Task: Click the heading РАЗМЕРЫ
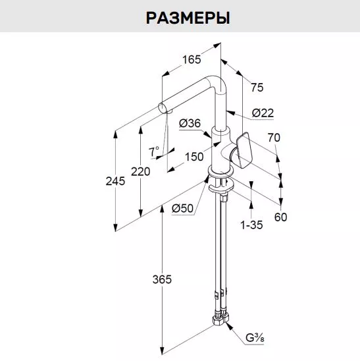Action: tap(188, 18)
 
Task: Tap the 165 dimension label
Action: tap(192, 60)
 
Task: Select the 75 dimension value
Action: tap(257, 88)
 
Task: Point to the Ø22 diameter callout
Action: tap(263, 113)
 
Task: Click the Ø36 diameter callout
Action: tap(190, 123)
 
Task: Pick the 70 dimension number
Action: tap(274, 138)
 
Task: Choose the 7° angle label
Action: tap(153, 152)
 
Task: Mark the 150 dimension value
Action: tap(194, 157)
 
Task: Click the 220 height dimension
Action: tap(141, 171)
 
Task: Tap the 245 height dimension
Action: tap(115, 181)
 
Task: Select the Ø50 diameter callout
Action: tap(183, 208)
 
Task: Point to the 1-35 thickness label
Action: tap(251, 225)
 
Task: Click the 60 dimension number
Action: tap(280, 217)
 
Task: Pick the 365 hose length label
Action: tap(162, 279)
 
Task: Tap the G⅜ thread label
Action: tap(255, 338)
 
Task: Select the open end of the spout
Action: tap(162, 108)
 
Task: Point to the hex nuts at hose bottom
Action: tap(220, 319)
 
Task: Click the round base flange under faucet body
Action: tap(221, 172)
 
